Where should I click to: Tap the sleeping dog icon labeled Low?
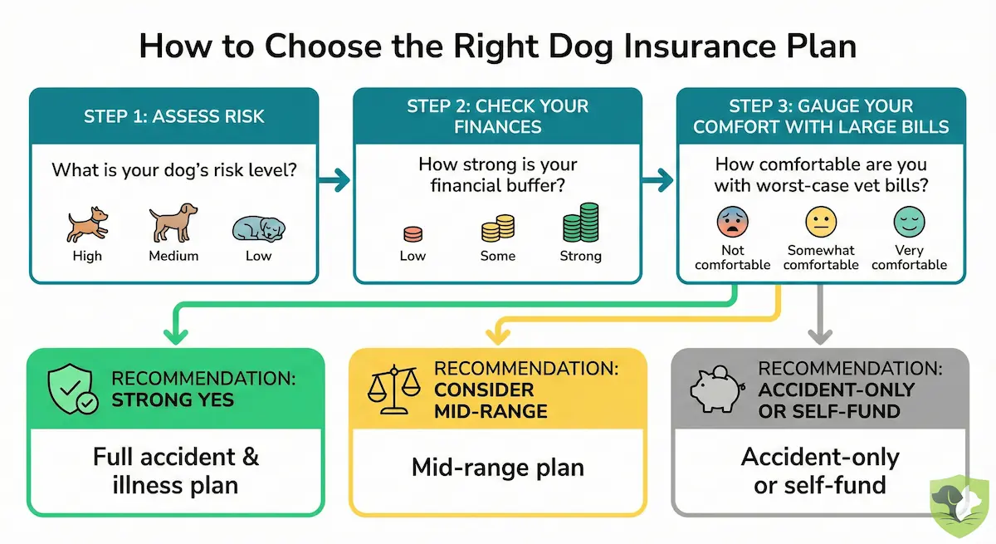click(257, 228)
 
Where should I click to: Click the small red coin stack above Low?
click(413, 234)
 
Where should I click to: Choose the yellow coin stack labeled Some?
click(497, 228)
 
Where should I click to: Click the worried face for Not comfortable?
click(732, 222)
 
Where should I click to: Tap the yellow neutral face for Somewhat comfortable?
click(821, 222)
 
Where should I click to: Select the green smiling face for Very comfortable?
click(909, 222)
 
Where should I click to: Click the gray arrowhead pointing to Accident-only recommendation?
click(820, 335)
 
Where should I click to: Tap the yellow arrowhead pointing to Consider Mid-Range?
click(498, 335)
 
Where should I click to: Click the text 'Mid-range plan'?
click(498, 467)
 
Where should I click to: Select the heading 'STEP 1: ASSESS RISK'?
click(174, 115)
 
